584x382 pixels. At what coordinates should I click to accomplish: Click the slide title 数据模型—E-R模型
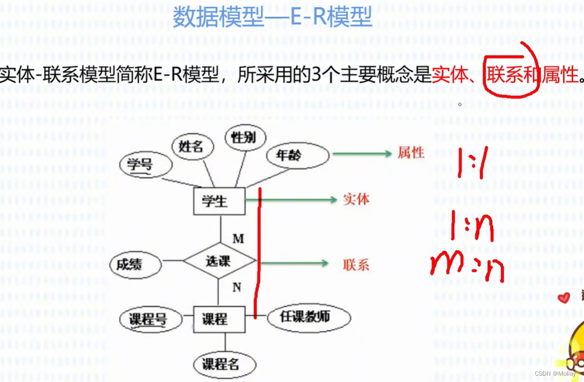[x=272, y=17]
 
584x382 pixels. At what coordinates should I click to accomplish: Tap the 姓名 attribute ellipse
[x=191, y=146]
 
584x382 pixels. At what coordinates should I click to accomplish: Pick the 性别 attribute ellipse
[x=243, y=138]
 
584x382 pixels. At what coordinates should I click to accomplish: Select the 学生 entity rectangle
[x=219, y=201]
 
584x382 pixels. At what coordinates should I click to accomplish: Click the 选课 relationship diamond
[x=219, y=261]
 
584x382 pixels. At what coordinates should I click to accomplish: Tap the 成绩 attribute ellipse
[x=136, y=263]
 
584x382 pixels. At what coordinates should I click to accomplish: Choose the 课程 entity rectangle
[x=219, y=319]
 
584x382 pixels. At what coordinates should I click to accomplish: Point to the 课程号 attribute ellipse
[x=148, y=319]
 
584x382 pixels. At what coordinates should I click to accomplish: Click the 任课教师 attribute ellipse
[x=308, y=318]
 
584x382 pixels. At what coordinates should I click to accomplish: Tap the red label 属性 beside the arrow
[x=411, y=153]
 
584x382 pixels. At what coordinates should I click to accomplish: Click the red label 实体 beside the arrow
[x=356, y=199]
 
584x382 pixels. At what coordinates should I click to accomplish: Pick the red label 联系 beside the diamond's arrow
[x=356, y=264]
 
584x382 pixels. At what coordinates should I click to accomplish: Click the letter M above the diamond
[x=238, y=239]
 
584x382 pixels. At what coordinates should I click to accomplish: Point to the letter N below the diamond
[x=237, y=288]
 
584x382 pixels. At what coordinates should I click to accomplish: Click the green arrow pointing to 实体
[x=296, y=199]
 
